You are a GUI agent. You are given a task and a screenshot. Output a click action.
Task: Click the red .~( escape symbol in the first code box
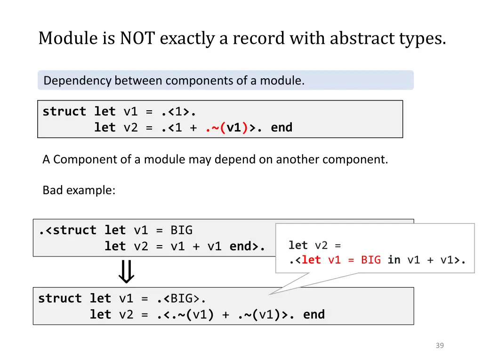[216, 127]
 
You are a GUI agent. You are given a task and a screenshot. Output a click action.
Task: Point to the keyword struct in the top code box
[64, 112]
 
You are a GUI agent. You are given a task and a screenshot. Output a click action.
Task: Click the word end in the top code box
[281, 127]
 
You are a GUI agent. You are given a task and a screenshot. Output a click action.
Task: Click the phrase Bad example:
[79, 190]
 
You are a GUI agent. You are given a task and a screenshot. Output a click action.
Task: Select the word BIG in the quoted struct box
[181, 230]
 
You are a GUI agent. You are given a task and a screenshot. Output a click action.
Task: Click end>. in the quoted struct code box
[247, 246]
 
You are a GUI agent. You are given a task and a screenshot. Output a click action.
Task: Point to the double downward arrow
[126, 271]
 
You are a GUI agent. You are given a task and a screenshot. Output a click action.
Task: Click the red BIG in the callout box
[371, 260]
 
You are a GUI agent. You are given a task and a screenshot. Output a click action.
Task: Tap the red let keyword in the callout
[311, 260]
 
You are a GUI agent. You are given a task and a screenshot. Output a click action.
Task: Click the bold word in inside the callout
[394, 260]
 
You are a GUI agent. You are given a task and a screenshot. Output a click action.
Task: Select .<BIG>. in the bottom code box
[181, 298]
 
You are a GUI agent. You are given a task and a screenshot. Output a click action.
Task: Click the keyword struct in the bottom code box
[60, 298]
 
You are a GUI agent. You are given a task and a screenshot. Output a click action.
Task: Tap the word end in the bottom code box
[314, 314]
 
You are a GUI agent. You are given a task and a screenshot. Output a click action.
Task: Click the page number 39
[440, 346]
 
